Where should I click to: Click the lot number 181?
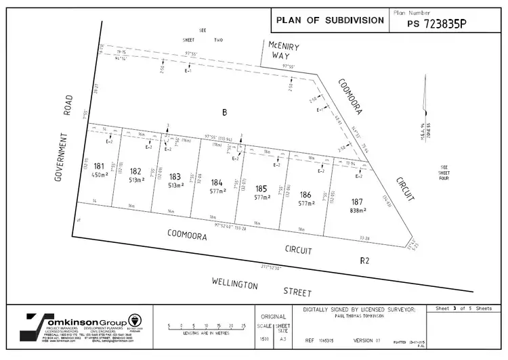(x=99, y=166)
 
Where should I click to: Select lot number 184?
(x=217, y=182)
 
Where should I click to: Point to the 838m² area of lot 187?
(x=358, y=210)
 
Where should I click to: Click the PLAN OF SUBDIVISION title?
(x=330, y=20)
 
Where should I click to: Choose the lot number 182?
(x=135, y=172)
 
